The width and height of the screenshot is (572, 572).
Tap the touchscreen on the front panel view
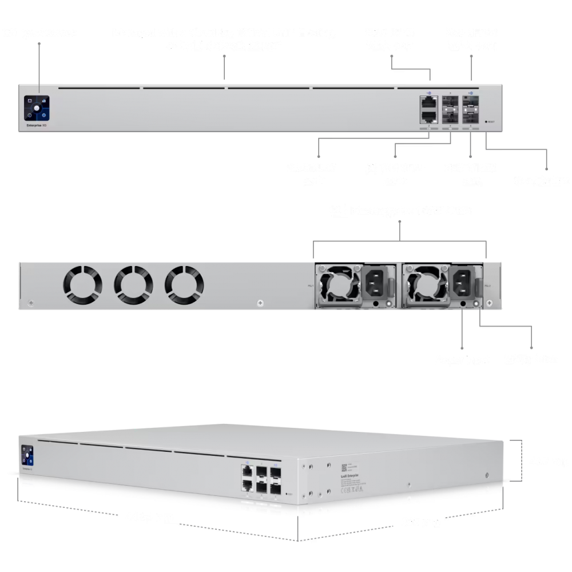pyautogui.click(x=35, y=107)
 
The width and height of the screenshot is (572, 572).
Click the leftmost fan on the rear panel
pyautogui.click(x=83, y=284)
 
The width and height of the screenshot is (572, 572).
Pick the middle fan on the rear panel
pyautogui.click(x=133, y=284)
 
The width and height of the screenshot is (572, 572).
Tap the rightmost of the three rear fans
pyautogui.click(x=184, y=284)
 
